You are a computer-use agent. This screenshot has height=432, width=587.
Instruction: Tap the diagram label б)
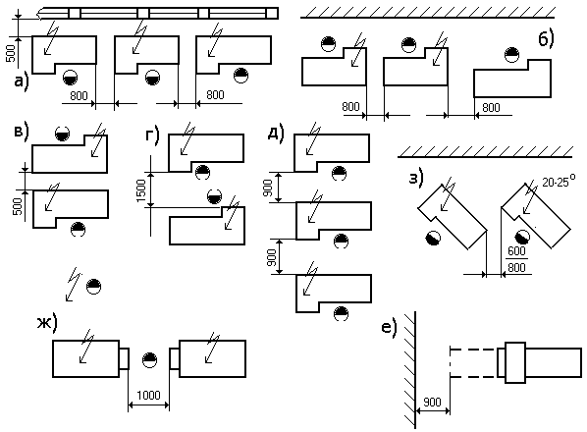(x=546, y=39)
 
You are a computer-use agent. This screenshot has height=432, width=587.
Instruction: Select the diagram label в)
(x=22, y=133)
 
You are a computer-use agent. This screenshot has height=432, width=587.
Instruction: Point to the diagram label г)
(x=152, y=135)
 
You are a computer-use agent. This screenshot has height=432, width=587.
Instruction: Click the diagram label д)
(x=276, y=133)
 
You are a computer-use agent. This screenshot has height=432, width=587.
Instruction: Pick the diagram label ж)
(x=47, y=323)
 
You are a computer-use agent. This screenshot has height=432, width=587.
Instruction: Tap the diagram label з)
(x=416, y=178)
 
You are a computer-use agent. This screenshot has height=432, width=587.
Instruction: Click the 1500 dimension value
(x=140, y=190)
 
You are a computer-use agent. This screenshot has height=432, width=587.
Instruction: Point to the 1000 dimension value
(x=148, y=395)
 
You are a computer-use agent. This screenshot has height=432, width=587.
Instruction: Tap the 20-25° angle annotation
(x=559, y=182)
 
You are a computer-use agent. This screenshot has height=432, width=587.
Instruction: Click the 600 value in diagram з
(x=516, y=250)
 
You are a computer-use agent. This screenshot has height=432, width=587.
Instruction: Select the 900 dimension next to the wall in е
(x=432, y=402)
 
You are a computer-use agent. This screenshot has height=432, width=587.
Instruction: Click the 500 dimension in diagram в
(x=18, y=206)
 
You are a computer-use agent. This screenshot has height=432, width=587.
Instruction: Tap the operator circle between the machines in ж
(x=150, y=359)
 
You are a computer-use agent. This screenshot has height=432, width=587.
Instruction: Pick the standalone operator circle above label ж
(x=93, y=287)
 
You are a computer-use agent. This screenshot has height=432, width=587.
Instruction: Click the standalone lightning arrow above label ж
(x=74, y=284)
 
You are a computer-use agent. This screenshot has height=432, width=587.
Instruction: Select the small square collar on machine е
(x=515, y=362)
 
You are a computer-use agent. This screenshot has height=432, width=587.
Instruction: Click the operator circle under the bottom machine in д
(x=341, y=313)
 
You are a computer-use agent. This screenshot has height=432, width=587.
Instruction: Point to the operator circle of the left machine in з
(x=433, y=238)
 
